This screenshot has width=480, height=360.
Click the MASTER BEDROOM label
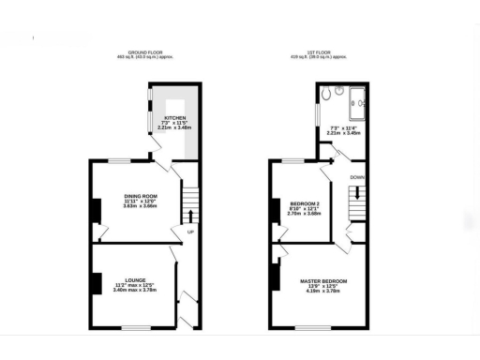[323, 281]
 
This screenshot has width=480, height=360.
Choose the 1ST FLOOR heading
[324, 52]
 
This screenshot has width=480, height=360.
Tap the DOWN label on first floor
[356, 175]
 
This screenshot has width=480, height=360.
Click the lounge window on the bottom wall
[136, 328]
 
